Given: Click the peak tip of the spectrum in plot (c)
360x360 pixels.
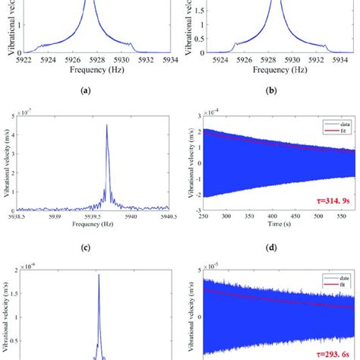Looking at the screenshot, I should [106, 125].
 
